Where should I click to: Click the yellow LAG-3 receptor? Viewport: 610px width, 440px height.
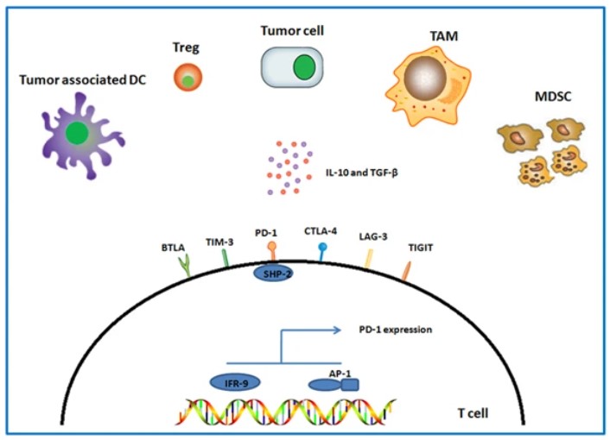368,259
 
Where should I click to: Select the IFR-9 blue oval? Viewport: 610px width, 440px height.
235,380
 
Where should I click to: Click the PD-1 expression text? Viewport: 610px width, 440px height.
394,330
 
